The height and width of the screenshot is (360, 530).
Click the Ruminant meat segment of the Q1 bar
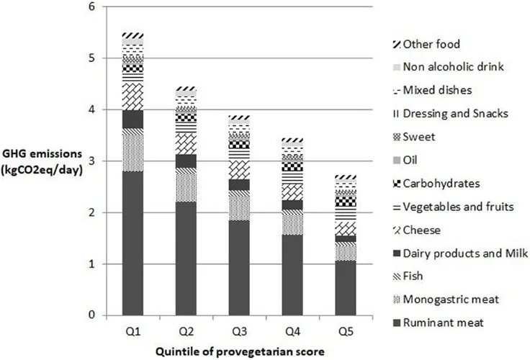(132, 243)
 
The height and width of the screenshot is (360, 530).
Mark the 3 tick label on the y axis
(90, 161)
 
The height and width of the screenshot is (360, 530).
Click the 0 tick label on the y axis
(90, 315)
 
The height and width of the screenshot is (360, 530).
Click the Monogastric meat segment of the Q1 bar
(132, 150)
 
